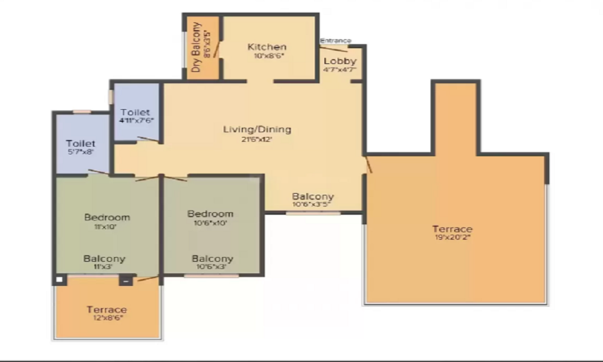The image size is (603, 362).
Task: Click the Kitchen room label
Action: (x=267, y=46)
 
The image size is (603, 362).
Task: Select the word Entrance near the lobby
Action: (x=335, y=40)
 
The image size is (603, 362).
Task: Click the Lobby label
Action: (x=340, y=61)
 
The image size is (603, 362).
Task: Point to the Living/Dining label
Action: (x=257, y=129)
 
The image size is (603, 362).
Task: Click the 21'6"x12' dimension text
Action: (x=257, y=139)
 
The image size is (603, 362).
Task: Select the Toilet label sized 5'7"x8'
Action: (x=80, y=144)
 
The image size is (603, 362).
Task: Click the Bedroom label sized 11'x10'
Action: (x=107, y=217)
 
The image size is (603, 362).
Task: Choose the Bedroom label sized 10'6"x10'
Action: (x=210, y=214)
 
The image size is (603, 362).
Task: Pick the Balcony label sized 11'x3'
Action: (x=104, y=258)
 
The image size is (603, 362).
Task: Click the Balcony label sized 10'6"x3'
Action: (x=212, y=258)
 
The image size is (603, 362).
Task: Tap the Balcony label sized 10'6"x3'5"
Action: (x=313, y=196)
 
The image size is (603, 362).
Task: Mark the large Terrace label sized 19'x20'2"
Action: (x=452, y=229)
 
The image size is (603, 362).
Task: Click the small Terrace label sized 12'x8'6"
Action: (x=106, y=310)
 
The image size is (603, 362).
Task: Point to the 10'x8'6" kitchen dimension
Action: (x=267, y=56)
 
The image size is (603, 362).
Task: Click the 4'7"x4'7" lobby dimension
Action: (x=340, y=69)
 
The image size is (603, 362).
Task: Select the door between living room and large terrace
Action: (x=368, y=164)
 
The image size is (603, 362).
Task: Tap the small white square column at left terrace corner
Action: (x=59, y=279)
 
